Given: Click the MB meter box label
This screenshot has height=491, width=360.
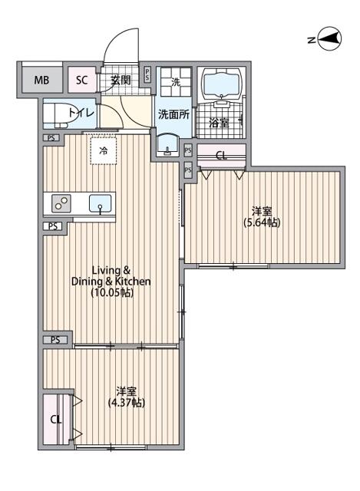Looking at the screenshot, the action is pos(41,80).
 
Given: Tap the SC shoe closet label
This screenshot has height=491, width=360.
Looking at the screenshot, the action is pos(82,80).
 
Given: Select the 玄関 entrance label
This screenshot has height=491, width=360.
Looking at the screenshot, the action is pos(121,80).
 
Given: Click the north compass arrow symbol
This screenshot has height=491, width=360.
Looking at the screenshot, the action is pos(329,39).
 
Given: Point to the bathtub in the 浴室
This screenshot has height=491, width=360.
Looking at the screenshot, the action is pos(222,81).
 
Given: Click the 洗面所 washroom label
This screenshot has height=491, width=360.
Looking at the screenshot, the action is pos(173,114).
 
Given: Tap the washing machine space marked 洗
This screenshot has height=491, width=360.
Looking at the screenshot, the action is pos(176,82).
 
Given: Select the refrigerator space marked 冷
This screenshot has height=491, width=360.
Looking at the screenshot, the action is pos(103,151).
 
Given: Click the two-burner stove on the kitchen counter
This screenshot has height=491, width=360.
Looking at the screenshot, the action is pos(61,203).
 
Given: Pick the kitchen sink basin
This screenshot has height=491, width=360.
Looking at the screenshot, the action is pos(100,203).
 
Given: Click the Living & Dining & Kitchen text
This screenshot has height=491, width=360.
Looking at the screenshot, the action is pos(111,276).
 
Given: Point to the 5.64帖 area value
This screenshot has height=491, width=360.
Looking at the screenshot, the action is pos(262,222).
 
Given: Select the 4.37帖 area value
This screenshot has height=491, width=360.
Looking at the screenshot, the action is pos(126,403).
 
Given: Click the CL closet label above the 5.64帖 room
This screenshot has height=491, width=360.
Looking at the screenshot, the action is pos(222,155).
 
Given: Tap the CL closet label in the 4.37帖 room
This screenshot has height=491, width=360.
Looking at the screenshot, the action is pos(56,420).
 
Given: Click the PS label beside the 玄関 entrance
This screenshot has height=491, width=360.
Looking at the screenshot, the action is pos(147,75).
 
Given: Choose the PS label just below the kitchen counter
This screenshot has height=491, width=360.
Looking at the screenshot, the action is pos(53,226).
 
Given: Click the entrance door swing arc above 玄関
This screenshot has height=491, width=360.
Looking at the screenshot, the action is pos(114,39).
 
